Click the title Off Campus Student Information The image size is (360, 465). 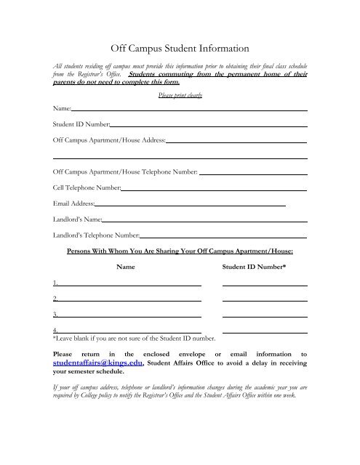(x=179, y=49)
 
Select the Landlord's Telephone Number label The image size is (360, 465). (x=96, y=235)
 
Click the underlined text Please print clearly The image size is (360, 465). (x=179, y=95)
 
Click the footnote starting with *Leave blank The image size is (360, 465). (x=135, y=339)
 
